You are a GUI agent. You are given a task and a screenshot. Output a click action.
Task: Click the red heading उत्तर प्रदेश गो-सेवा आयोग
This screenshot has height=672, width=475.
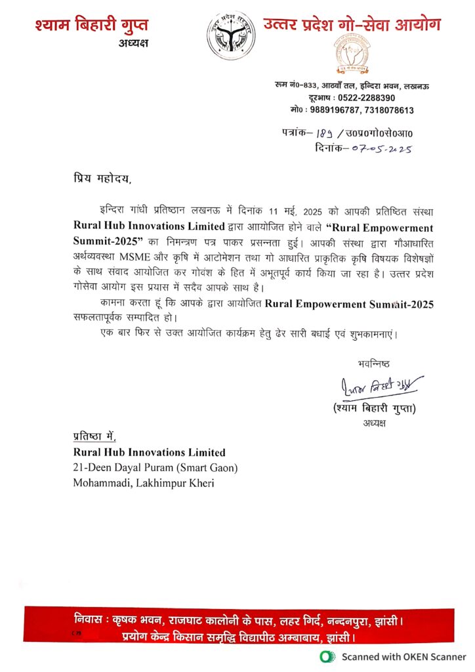(x=351, y=24)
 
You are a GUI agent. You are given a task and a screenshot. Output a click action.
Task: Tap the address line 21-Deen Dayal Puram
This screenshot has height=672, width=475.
(x=155, y=467)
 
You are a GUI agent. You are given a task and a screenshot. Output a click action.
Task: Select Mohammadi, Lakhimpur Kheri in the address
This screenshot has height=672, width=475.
(x=144, y=483)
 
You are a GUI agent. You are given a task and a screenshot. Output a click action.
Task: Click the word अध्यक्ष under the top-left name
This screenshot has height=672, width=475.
(x=134, y=43)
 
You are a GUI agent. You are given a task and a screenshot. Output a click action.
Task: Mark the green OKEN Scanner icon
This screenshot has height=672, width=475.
(x=324, y=656)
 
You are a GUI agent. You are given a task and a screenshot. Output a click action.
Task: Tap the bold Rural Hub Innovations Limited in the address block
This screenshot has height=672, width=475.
(x=149, y=452)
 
